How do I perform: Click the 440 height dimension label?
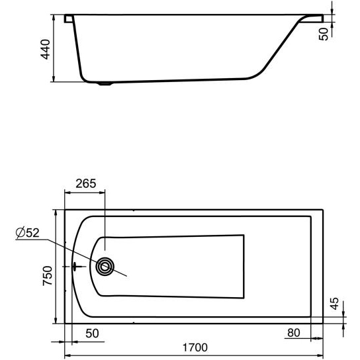(45, 50)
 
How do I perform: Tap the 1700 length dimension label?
(195, 347)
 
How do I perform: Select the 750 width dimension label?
(48, 275)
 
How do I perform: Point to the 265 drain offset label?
(86, 183)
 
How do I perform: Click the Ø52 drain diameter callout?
(28, 232)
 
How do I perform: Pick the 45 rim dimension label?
(335, 303)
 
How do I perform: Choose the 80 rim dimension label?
(294, 333)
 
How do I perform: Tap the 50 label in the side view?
(324, 34)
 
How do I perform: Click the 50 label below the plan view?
(92, 334)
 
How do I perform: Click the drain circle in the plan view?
(105, 266)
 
